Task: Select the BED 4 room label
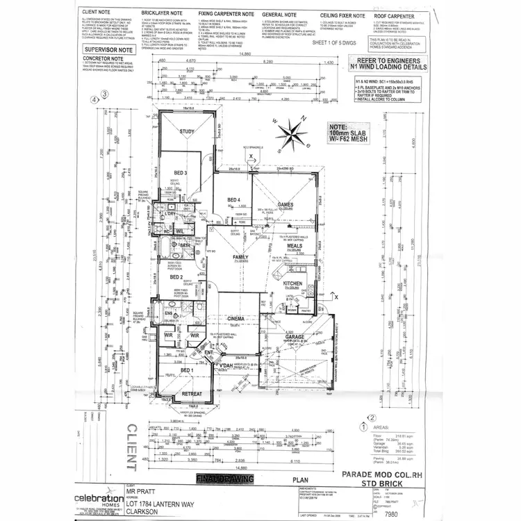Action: pos(233,200)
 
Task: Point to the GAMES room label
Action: pos(286,205)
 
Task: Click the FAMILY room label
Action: pos(240,258)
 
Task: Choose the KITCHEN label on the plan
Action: pos(292,284)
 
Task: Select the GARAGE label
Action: pos(293,338)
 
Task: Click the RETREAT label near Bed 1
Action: pos(191,395)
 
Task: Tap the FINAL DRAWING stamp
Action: pos(225,479)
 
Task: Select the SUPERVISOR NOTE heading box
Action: pos(108,51)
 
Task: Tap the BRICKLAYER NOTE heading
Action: pos(161,14)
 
